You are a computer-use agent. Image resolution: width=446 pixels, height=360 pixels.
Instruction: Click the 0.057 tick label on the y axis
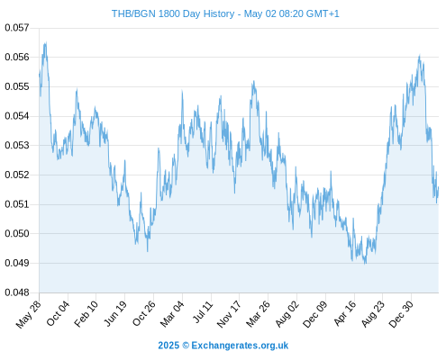click(x=17, y=28)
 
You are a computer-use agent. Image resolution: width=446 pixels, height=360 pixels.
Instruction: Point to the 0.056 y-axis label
click(x=17, y=57)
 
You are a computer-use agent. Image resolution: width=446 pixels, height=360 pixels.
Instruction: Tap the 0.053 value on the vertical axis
click(x=17, y=146)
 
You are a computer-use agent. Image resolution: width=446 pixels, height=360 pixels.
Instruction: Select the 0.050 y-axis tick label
click(x=17, y=234)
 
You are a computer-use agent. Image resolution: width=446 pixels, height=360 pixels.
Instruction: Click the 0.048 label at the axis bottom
click(x=17, y=292)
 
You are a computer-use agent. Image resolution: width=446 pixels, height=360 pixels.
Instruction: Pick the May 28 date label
click(x=29, y=314)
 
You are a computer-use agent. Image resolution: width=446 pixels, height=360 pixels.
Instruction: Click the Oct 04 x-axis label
click(x=58, y=313)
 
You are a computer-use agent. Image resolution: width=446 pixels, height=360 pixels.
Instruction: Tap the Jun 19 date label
click(x=114, y=313)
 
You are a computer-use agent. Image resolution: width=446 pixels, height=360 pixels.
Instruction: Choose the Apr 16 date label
click(x=345, y=313)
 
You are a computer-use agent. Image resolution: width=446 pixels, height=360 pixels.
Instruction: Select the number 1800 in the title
click(x=169, y=13)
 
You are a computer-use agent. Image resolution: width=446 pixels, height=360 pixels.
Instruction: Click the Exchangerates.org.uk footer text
click(x=240, y=346)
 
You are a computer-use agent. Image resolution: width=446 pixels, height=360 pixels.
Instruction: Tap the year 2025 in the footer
click(x=168, y=346)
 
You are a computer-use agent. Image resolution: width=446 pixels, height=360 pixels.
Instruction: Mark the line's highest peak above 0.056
click(x=46, y=42)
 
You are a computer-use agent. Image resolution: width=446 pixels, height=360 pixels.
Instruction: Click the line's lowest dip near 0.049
click(x=365, y=264)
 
